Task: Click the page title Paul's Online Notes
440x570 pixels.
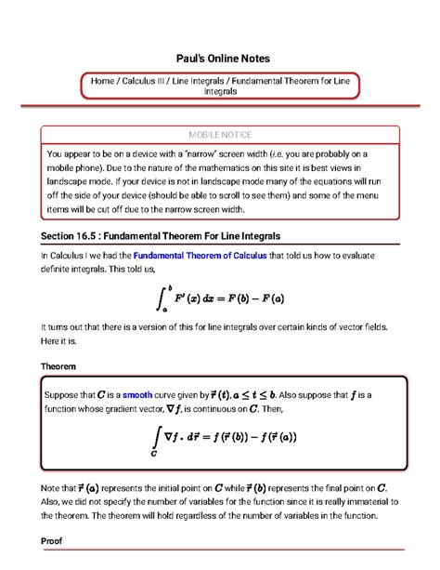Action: tap(220, 58)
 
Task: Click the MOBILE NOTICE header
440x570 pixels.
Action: tap(220, 135)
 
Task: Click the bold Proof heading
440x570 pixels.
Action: tap(54, 540)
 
